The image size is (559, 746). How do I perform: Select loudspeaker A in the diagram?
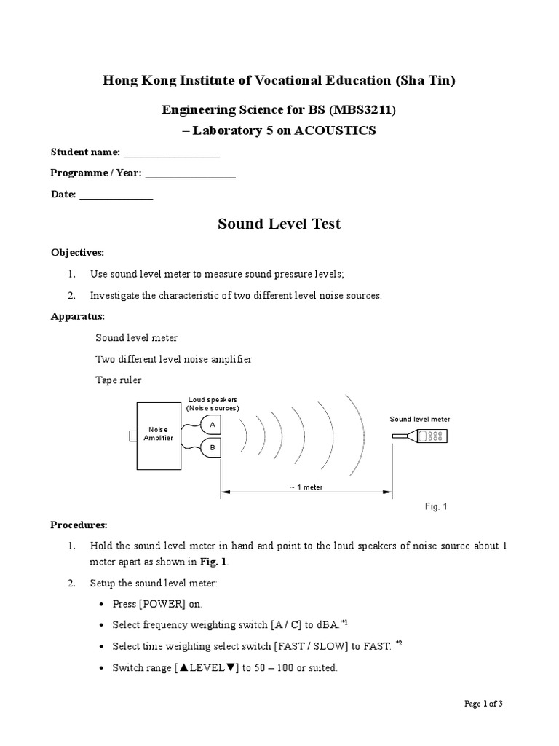(x=211, y=424)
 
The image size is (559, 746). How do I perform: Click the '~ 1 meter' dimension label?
(x=306, y=487)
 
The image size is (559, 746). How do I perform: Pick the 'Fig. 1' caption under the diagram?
(x=436, y=506)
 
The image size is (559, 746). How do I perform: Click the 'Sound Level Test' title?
(x=279, y=224)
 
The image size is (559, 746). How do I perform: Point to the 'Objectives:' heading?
(x=77, y=252)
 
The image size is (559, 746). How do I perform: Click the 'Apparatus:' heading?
(x=77, y=317)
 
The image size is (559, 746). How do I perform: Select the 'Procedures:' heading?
(x=79, y=525)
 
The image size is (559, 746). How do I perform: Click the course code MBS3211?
(x=364, y=110)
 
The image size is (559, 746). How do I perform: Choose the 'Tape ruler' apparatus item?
(x=119, y=380)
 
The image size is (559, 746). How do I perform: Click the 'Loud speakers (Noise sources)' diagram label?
(x=213, y=404)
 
